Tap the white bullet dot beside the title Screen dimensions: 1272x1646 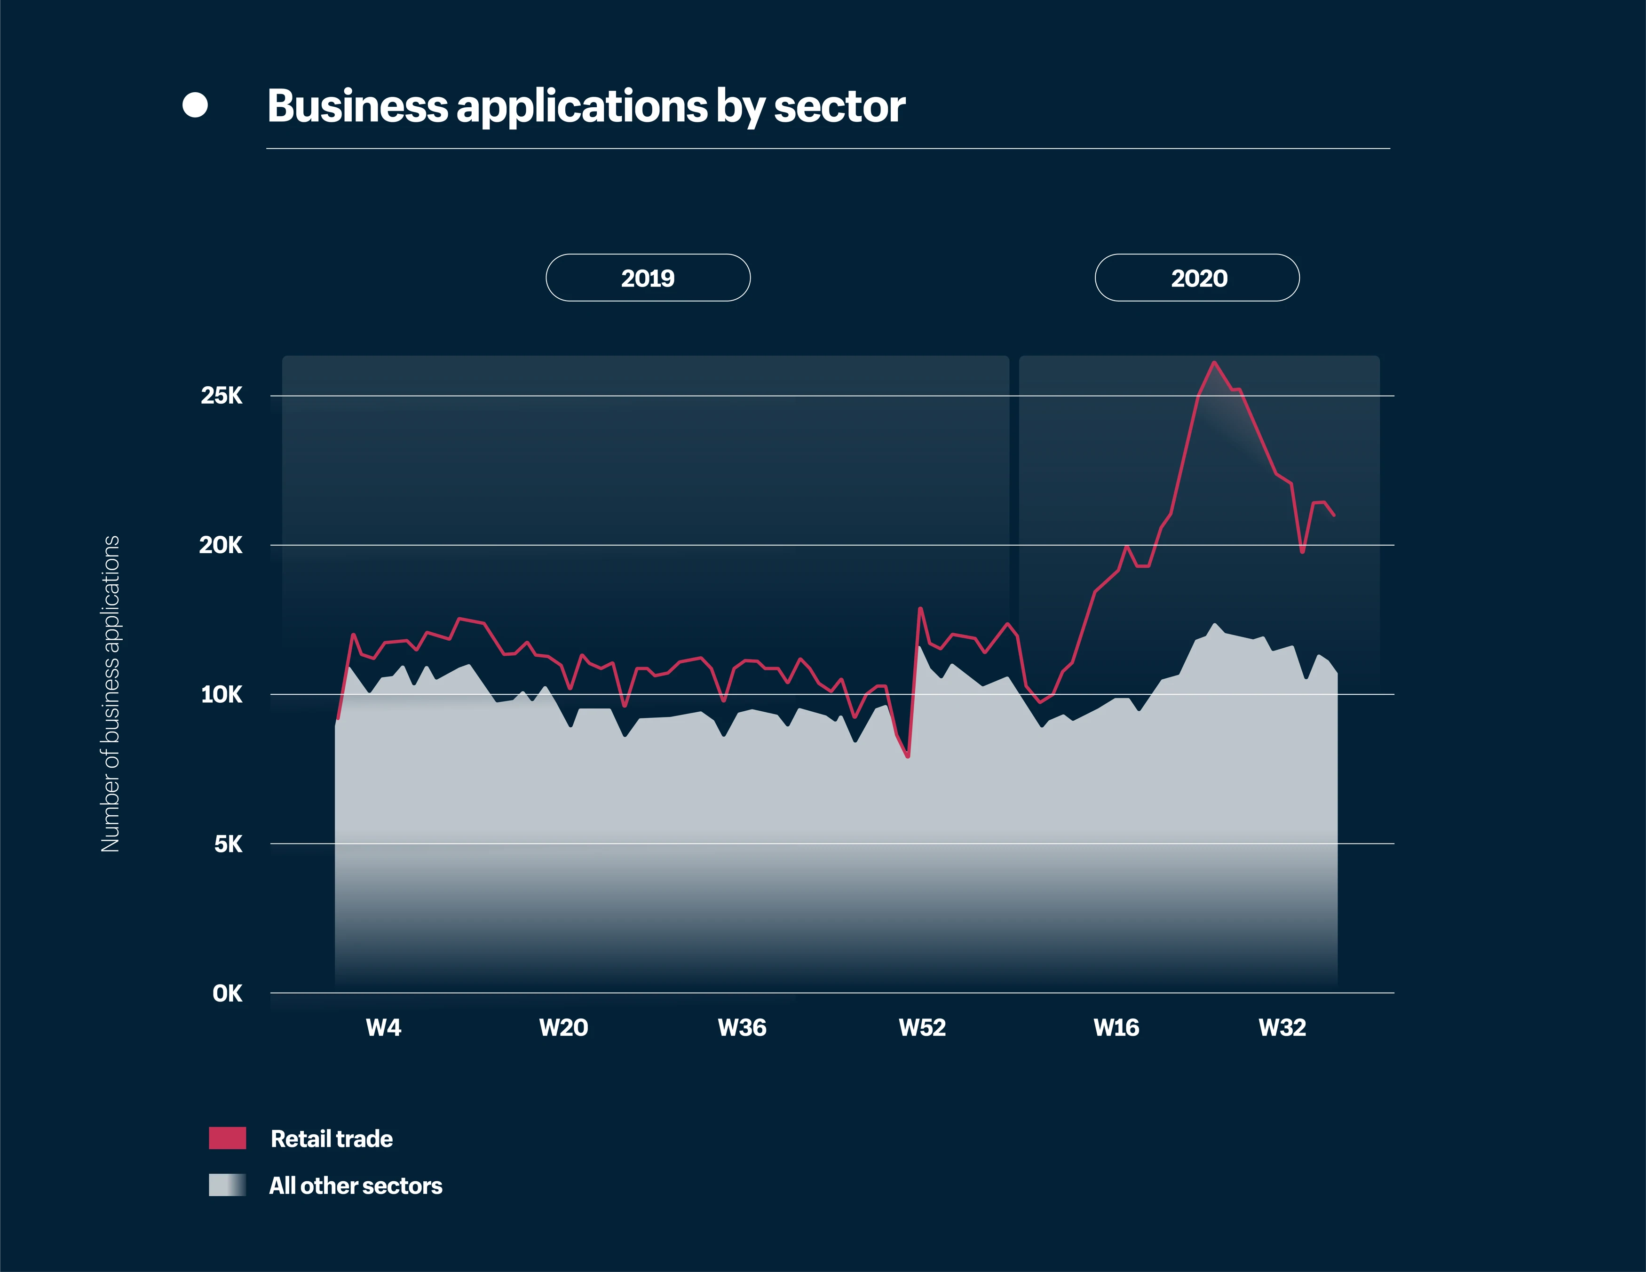(x=195, y=105)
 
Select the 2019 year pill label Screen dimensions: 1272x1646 (x=648, y=278)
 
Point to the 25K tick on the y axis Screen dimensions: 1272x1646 (x=222, y=396)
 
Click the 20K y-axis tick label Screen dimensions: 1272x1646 (x=221, y=545)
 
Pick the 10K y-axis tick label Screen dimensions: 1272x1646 (x=222, y=694)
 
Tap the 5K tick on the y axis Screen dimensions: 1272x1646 (x=228, y=844)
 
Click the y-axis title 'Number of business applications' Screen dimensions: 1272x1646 (x=111, y=694)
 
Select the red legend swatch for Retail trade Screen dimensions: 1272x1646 (x=228, y=1138)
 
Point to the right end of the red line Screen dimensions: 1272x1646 (x=1334, y=515)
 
